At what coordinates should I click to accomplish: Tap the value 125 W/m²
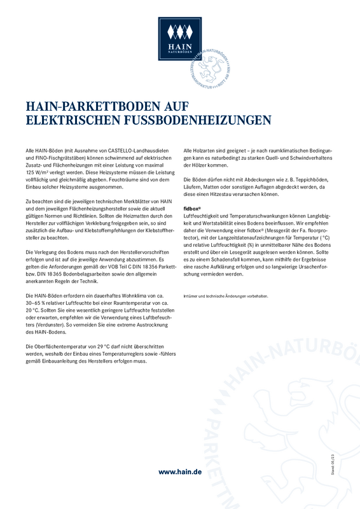point(38,172)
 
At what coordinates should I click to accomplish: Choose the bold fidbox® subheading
point(191,208)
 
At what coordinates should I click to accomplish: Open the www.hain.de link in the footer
point(180,471)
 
